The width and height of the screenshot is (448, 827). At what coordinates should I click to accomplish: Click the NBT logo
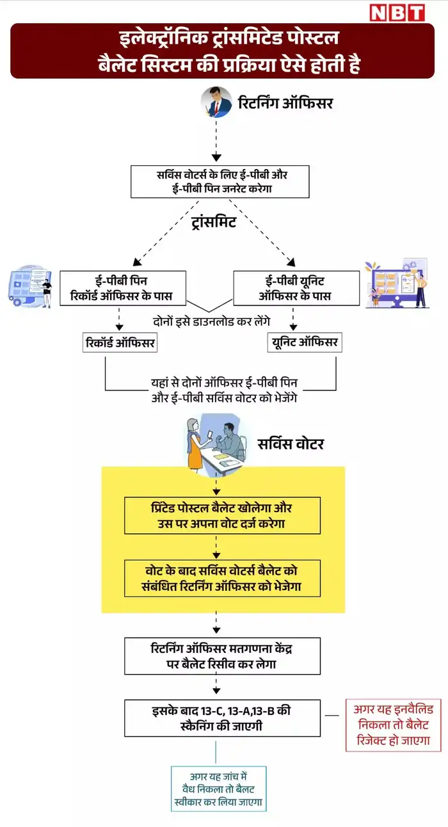pos(397,12)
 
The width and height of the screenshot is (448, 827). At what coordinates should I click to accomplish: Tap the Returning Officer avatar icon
pos(216,102)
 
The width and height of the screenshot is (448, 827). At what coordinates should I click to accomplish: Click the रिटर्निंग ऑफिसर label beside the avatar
pos(285,103)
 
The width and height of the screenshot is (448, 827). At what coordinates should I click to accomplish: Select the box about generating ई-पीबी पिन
pos(220,182)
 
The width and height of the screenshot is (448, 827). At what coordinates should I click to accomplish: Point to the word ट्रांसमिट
pos(214,222)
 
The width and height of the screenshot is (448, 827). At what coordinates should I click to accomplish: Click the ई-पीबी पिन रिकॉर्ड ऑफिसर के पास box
pos(123,287)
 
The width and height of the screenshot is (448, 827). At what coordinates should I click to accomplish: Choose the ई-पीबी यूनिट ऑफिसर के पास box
pos(296,287)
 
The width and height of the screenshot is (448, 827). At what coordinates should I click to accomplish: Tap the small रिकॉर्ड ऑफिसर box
pos(120,342)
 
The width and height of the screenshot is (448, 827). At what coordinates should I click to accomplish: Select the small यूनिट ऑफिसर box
pos(303,342)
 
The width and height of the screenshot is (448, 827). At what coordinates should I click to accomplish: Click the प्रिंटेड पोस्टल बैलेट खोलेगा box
pos(222,515)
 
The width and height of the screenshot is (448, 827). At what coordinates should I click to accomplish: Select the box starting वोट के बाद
pos(222,578)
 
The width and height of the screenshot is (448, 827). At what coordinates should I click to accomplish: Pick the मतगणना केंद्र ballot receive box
pos(222,655)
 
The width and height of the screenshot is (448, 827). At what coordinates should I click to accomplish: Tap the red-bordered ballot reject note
pos(394,725)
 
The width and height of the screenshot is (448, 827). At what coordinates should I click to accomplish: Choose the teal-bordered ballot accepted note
pos(218,788)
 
